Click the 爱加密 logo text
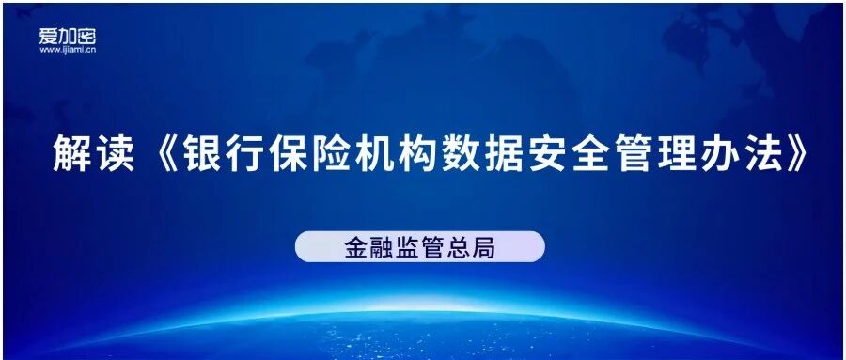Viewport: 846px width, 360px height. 68,36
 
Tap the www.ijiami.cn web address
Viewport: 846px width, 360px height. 68,50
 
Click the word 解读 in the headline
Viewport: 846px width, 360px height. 93,153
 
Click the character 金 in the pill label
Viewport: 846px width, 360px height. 356,248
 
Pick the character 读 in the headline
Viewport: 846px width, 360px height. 115,153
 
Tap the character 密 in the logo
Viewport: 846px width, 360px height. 86,36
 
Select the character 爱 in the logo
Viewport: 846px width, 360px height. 49,36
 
